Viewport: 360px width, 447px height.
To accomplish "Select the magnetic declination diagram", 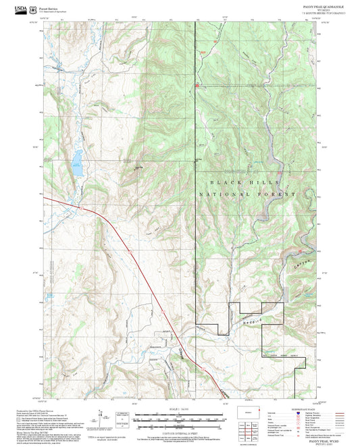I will [x=103, y=417].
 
